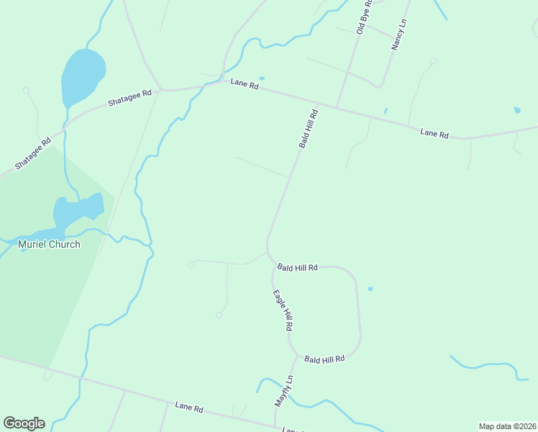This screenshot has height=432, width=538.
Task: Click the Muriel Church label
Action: (x=49, y=244)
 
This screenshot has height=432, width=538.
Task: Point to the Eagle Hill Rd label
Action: (x=283, y=310)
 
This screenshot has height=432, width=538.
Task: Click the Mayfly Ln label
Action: (x=284, y=391)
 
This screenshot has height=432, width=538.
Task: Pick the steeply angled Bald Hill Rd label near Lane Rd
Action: (x=309, y=129)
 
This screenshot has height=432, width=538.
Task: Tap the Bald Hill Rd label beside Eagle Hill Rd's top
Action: (x=297, y=267)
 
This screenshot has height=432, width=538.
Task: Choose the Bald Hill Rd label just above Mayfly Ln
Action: (x=324, y=358)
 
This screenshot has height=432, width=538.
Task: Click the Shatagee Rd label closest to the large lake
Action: (x=129, y=97)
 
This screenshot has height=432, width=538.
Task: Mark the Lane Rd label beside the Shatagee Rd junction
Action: (x=244, y=84)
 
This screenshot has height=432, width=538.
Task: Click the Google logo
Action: (x=24, y=423)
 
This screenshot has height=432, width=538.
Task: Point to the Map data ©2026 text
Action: (x=507, y=426)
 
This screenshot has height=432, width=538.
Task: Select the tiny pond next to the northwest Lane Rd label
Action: (x=261, y=78)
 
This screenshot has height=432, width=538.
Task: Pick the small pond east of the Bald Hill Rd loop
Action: (x=370, y=289)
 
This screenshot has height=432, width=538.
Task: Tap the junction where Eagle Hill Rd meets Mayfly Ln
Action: (x=294, y=355)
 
